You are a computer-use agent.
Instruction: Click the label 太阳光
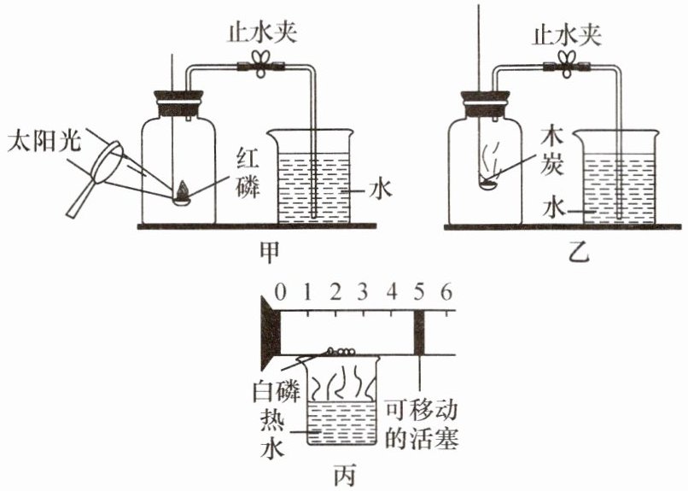coord(44,141)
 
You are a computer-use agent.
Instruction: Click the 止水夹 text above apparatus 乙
coord(566,34)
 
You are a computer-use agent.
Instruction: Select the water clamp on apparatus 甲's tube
coord(262,66)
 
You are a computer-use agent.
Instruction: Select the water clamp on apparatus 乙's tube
coord(567,66)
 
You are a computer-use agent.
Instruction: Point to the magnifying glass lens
coord(107,161)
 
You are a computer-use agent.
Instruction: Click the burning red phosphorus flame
coord(182,190)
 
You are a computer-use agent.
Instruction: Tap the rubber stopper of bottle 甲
coord(178,103)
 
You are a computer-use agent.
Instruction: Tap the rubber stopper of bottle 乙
coord(486,103)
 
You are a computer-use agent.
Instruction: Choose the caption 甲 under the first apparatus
coord(270,251)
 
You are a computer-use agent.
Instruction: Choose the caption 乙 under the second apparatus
coord(578,252)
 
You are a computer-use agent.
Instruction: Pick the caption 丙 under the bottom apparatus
coord(344,476)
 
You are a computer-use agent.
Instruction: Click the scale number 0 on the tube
coord(280,292)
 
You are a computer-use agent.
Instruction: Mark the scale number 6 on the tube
coord(446,292)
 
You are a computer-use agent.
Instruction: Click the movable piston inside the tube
coord(419,332)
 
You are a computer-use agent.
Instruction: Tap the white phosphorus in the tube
coord(341,351)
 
